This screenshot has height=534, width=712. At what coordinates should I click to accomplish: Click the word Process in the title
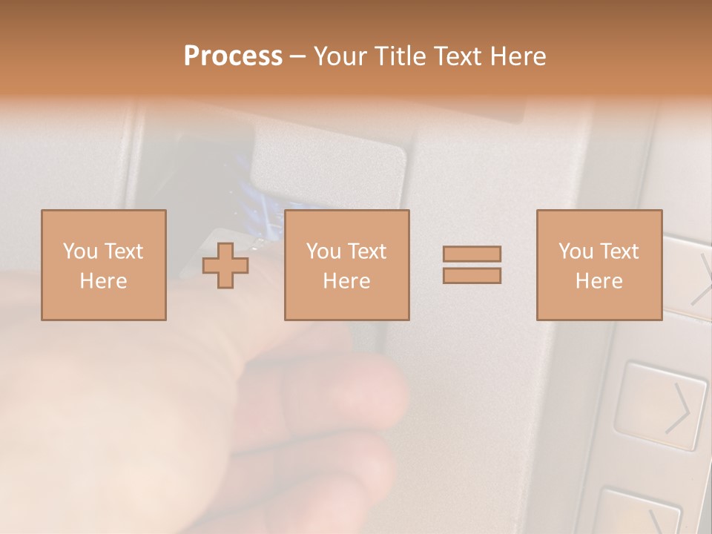(x=233, y=56)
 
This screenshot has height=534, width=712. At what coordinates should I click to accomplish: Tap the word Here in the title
(x=515, y=56)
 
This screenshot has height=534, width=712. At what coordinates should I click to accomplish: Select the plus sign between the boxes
(x=225, y=266)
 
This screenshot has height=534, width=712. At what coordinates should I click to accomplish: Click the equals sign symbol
(x=472, y=265)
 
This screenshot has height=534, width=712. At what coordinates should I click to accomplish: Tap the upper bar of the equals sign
(x=472, y=254)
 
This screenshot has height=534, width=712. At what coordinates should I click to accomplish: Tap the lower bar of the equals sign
(x=472, y=275)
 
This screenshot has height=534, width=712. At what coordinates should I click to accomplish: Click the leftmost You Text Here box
(x=103, y=265)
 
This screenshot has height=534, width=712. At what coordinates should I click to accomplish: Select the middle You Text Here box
(x=346, y=265)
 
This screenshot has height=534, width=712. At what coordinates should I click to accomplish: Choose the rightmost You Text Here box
(x=599, y=265)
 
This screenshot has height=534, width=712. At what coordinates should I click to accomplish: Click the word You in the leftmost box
(x=80, y=251)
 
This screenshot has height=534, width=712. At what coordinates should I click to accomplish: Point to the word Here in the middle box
(x=346, y=280)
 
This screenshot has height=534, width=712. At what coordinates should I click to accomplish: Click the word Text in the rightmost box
(x=619, y=251)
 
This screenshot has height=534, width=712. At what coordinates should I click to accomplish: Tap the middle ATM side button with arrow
(x=660, y=406)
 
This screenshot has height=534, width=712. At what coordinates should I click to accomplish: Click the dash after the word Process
(x=297, y=56)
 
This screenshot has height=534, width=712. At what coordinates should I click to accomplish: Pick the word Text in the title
(x=454, y=56)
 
